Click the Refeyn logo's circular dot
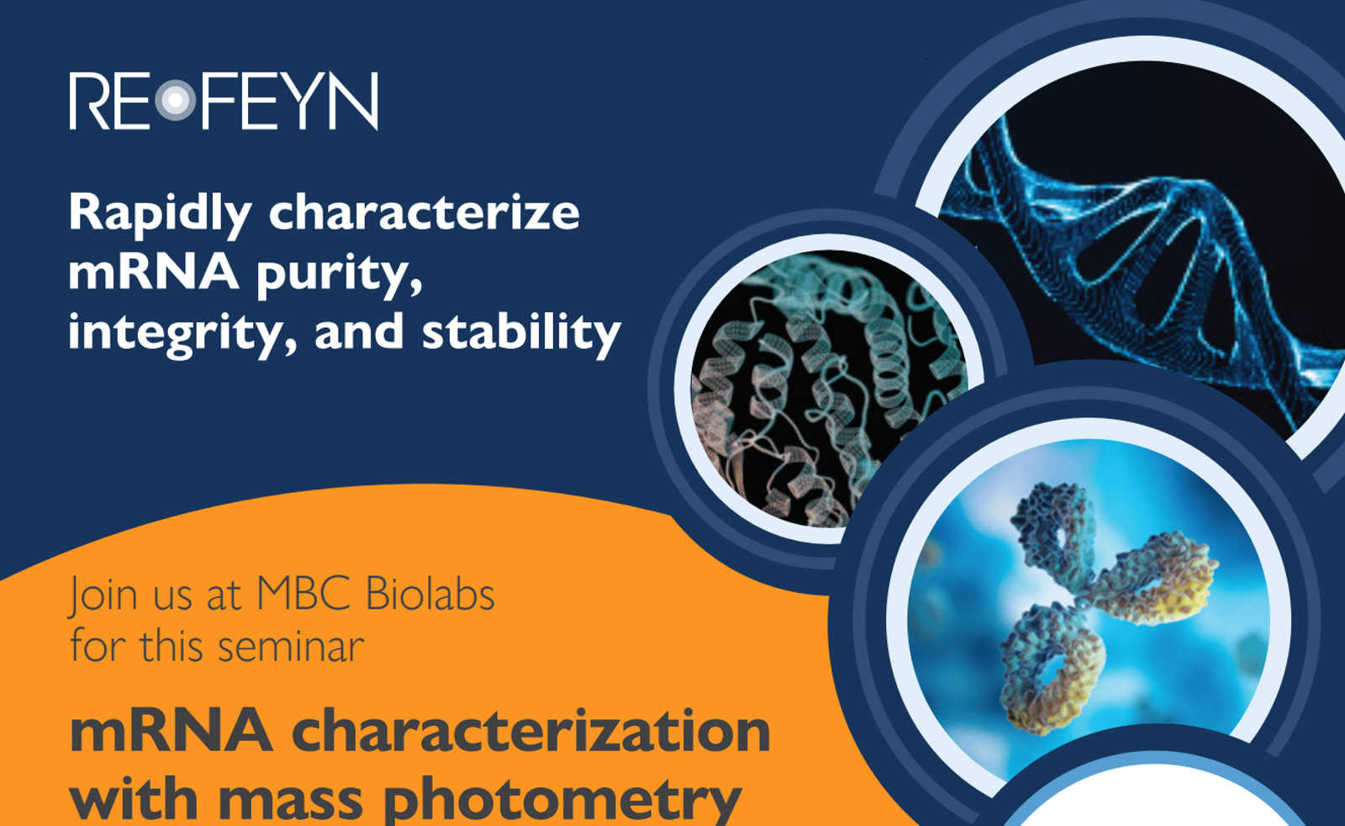(175, 101)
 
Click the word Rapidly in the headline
(160, 213)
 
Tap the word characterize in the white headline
(424, 213)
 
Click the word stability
(521, 333)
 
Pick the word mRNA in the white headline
(153, 273)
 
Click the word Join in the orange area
(103, 595)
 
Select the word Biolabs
(430, 594)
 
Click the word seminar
(291, 647)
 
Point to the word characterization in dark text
(530, 730)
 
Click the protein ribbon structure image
(828, 387)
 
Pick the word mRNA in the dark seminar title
(171, 730)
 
